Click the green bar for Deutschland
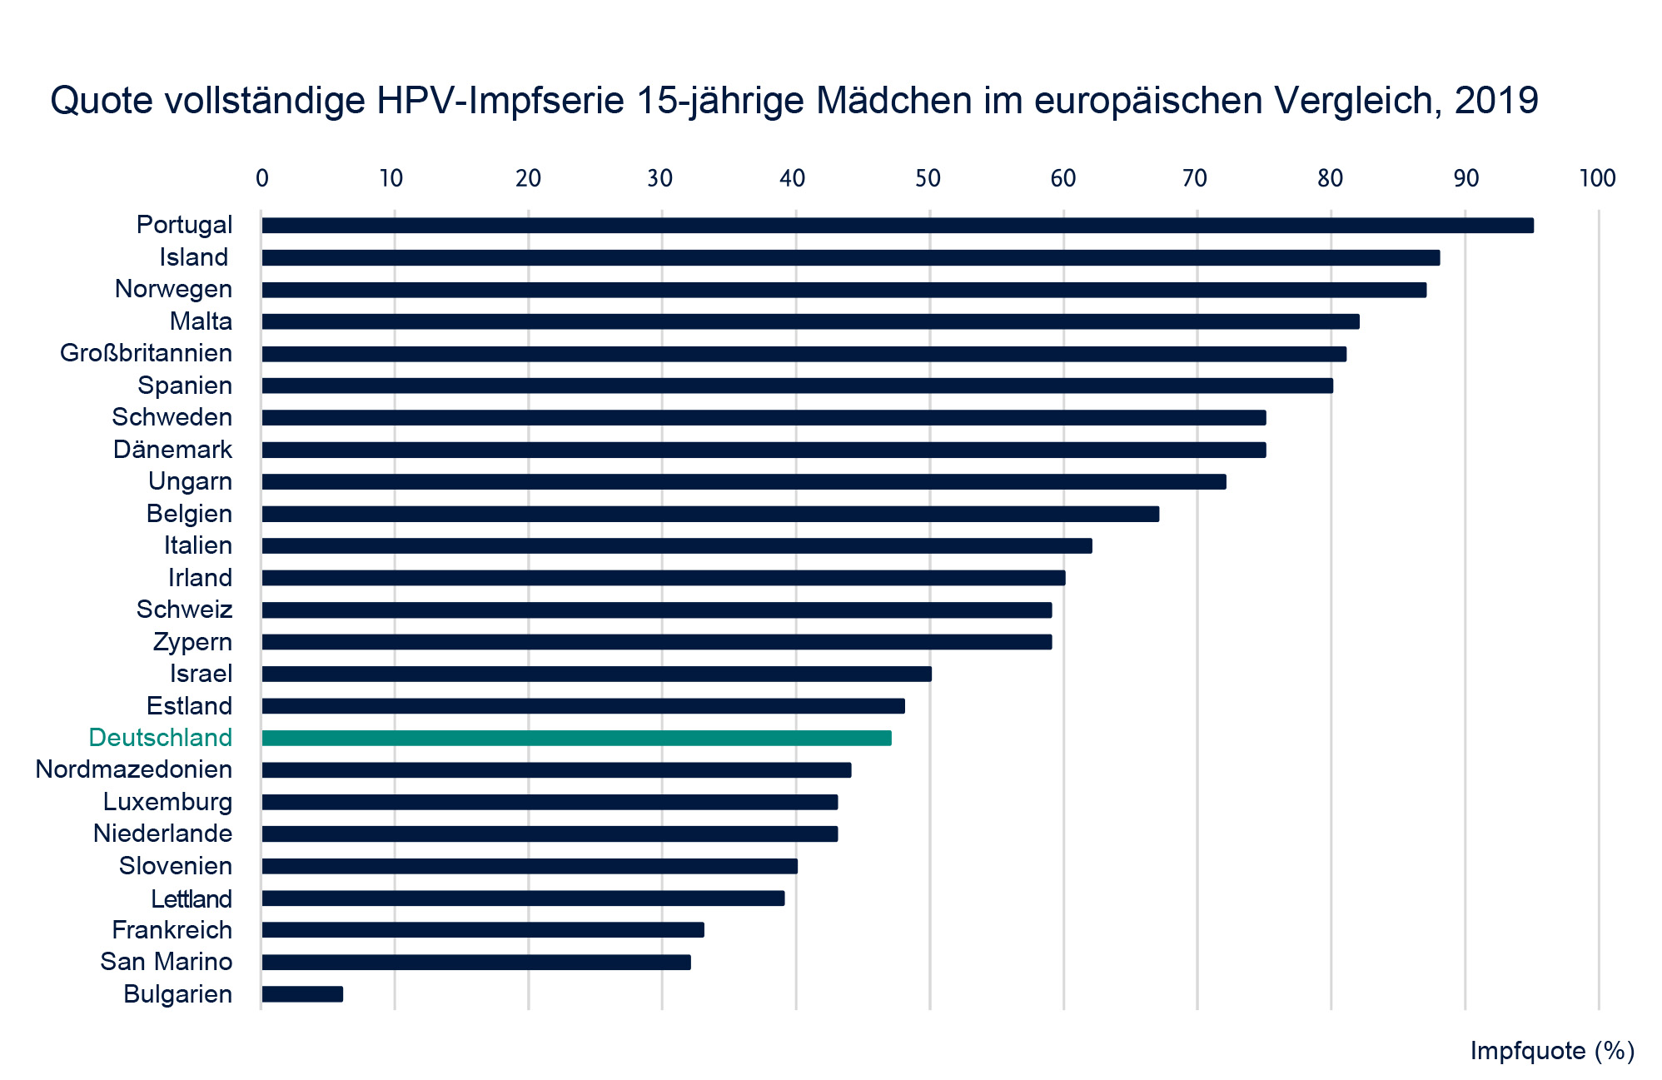pyautogui.click(x=576, y=738)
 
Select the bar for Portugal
pyautogui.click(x=897, y=226)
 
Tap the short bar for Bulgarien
pyautogui.click(x=301, y=994)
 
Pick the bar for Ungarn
pyautogui.click(x=744, y=482)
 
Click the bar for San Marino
pyautogui.click(x=475, y=963)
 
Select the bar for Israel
pyautogui.click(x=596, y=674)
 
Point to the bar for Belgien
pyautogui.click(x=710, y=514)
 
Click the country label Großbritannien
pyautogui.click(x=146, y=353)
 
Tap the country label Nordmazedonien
pyautogui.click(x=133, y=769)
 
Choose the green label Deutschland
pyautogui.click(x=160, y=738)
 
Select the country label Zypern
pyautogui.click(x=192, y=642)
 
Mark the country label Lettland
pyautogui.click(x=191, y=899)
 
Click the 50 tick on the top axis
pyautogui.click(x=928, y=178)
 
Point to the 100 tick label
pyautogui.click(x=1597, y=178)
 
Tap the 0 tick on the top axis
pyautogui.click(x=262, y=178)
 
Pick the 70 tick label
pyautogui.click(x=1195, y=178)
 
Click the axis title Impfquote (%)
pyautogui.click(x=1551, y=1051)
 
